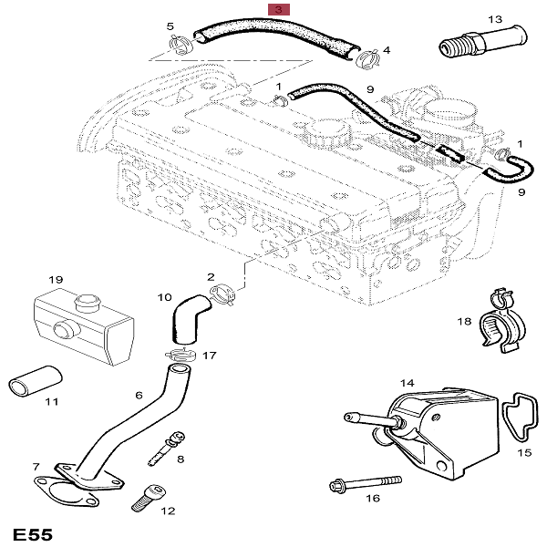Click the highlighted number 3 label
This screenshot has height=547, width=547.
pos(279,8)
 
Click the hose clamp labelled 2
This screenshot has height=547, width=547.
pos(224,294)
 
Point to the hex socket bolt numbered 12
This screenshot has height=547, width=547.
pos(146,498)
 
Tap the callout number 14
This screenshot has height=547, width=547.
pos(407,383)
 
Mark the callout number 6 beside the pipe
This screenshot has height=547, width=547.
pos(139,395)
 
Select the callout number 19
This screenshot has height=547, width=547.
pos(55,279)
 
